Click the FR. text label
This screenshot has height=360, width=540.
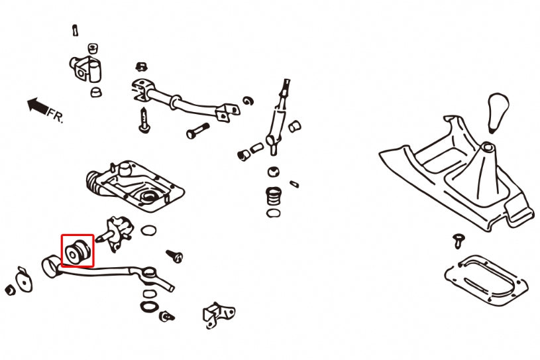tap(56, 116)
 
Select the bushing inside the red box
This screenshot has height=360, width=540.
tap(78, 251)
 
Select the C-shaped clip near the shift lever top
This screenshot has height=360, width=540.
tap(247, 101)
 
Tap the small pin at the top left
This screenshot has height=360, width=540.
tap(74, 30)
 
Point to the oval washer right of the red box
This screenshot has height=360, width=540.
tap(150, 231)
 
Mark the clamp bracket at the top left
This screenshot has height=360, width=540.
tap(85, 68)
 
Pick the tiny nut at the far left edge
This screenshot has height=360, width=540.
tap(9, 290)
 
